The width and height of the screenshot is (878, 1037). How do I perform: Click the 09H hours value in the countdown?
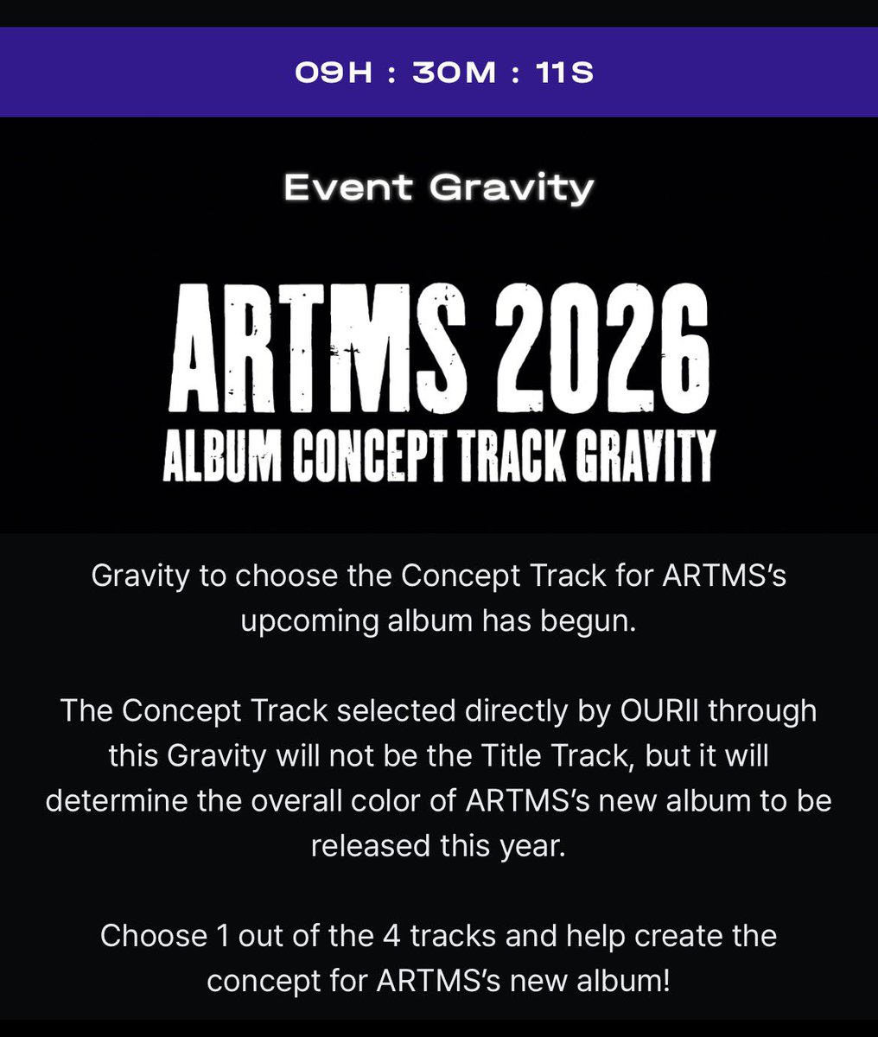click(333, 73)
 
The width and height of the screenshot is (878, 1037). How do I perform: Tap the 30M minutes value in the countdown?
click(454, 73)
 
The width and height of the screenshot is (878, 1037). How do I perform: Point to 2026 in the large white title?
click(597, 352)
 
